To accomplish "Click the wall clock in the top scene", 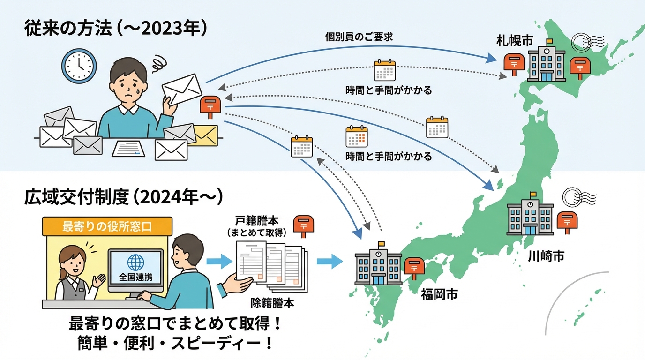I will click(79, 66).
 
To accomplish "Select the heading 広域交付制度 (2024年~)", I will click(123, 198).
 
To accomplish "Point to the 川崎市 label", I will click(546, 256).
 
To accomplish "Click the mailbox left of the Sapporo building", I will click(513, 64).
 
